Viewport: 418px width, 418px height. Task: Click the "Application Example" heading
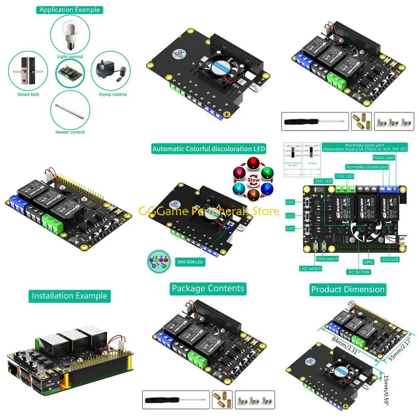point(69,10)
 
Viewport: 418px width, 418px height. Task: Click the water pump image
point(109,72)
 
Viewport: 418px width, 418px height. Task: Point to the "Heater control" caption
point(70,132)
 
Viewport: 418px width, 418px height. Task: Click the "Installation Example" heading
point(69,296)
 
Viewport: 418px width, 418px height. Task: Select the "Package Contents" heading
point(208,289)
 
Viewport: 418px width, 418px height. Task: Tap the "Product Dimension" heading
point(348,289)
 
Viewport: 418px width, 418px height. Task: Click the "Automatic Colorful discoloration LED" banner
point(209,149)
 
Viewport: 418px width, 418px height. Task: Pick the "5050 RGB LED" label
point(190,262)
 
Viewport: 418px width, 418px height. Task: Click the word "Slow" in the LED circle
point(253,180)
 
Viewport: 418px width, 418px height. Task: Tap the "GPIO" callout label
point(369,262)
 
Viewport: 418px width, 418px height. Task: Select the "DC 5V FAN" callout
point(359,271)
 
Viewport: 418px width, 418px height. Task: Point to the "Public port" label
point(384,158)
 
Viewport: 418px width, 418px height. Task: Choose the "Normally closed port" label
point(367,167)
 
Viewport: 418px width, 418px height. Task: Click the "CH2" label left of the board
point(290,215)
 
